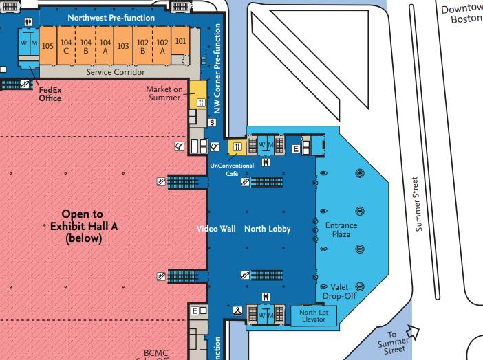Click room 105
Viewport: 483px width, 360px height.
pyautogui.click(x=47, y=46)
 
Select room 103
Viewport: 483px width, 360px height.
pyautogui.click(x=122, y=46)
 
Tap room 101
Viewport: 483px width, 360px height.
pyautogui.click(x=180, y=41)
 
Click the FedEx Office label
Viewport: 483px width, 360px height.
pyautogui.click(x=50, y=93)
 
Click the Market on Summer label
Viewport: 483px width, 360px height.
pyautogui.click(x=164, y=93)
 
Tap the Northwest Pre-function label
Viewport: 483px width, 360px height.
pyautogui.click(x=111, y=17)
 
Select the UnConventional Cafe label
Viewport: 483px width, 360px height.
pyautogui.click(x=231, y=169)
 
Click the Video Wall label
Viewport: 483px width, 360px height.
pyautogui.click(x=216, y=229)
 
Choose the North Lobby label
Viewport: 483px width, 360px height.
pyautogui.click(x=268, y=229)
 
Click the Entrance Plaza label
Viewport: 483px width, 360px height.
pyautogui.click(x=336, y=229)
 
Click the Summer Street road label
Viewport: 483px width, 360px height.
pyautogui.click(x=416, y=204)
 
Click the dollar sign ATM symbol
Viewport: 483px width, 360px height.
pyautogui.click(x=212, y=122)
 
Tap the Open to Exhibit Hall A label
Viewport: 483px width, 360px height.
pyautogui.click(x=82, y=226)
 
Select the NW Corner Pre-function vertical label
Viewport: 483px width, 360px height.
pyautogui.click(x=217, y=69)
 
